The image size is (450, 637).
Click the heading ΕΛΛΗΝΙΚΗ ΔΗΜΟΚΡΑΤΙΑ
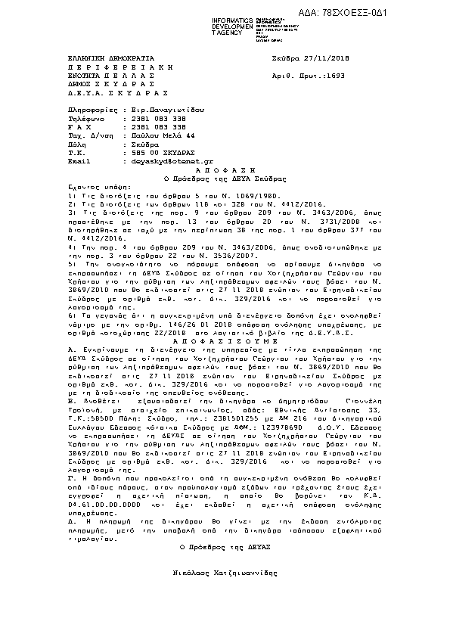(x=110, y=57)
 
